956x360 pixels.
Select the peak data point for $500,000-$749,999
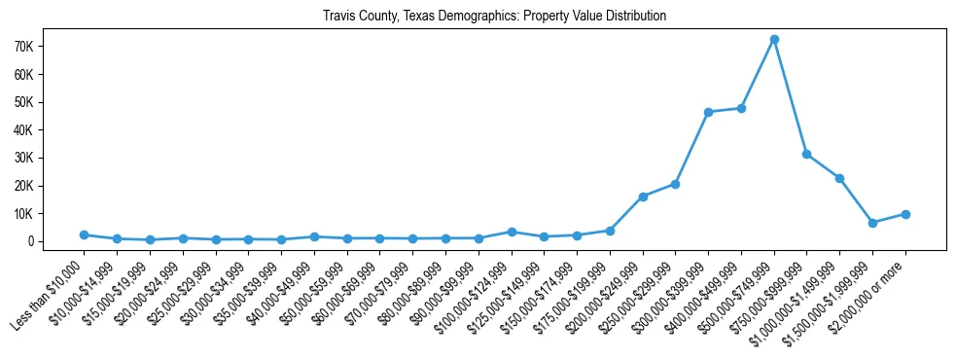(x=774, y=39)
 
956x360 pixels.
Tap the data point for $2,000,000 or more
(x=905, y=214)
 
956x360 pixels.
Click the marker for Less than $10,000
(x=85, y=234)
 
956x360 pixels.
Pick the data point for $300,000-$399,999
(x=708, y=112)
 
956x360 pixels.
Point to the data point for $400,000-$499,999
(x=741, y=108)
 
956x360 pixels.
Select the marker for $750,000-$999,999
(x=806, y=154)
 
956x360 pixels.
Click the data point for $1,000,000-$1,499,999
(x=839, y=178)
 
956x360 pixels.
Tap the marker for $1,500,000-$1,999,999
(x=872, y=223)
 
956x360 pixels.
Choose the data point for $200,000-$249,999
(x=643, y=197)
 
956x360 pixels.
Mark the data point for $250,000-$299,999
(x=675, y=184)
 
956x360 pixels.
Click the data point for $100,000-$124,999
(x=512, y=232)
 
